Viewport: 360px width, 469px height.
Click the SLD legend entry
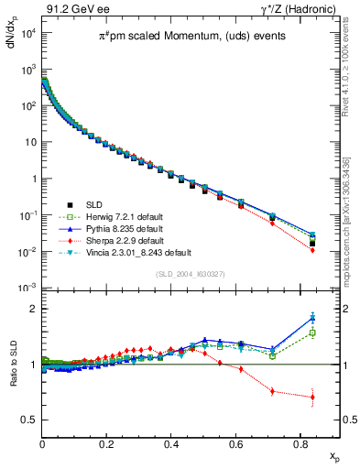coord(93,204)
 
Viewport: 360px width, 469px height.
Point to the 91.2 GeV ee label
coord(76,9)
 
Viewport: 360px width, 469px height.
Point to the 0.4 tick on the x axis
coord(172,443)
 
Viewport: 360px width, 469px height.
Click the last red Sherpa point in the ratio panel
coord(312,397)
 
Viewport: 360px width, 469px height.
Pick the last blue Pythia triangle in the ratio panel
coord(312,318)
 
